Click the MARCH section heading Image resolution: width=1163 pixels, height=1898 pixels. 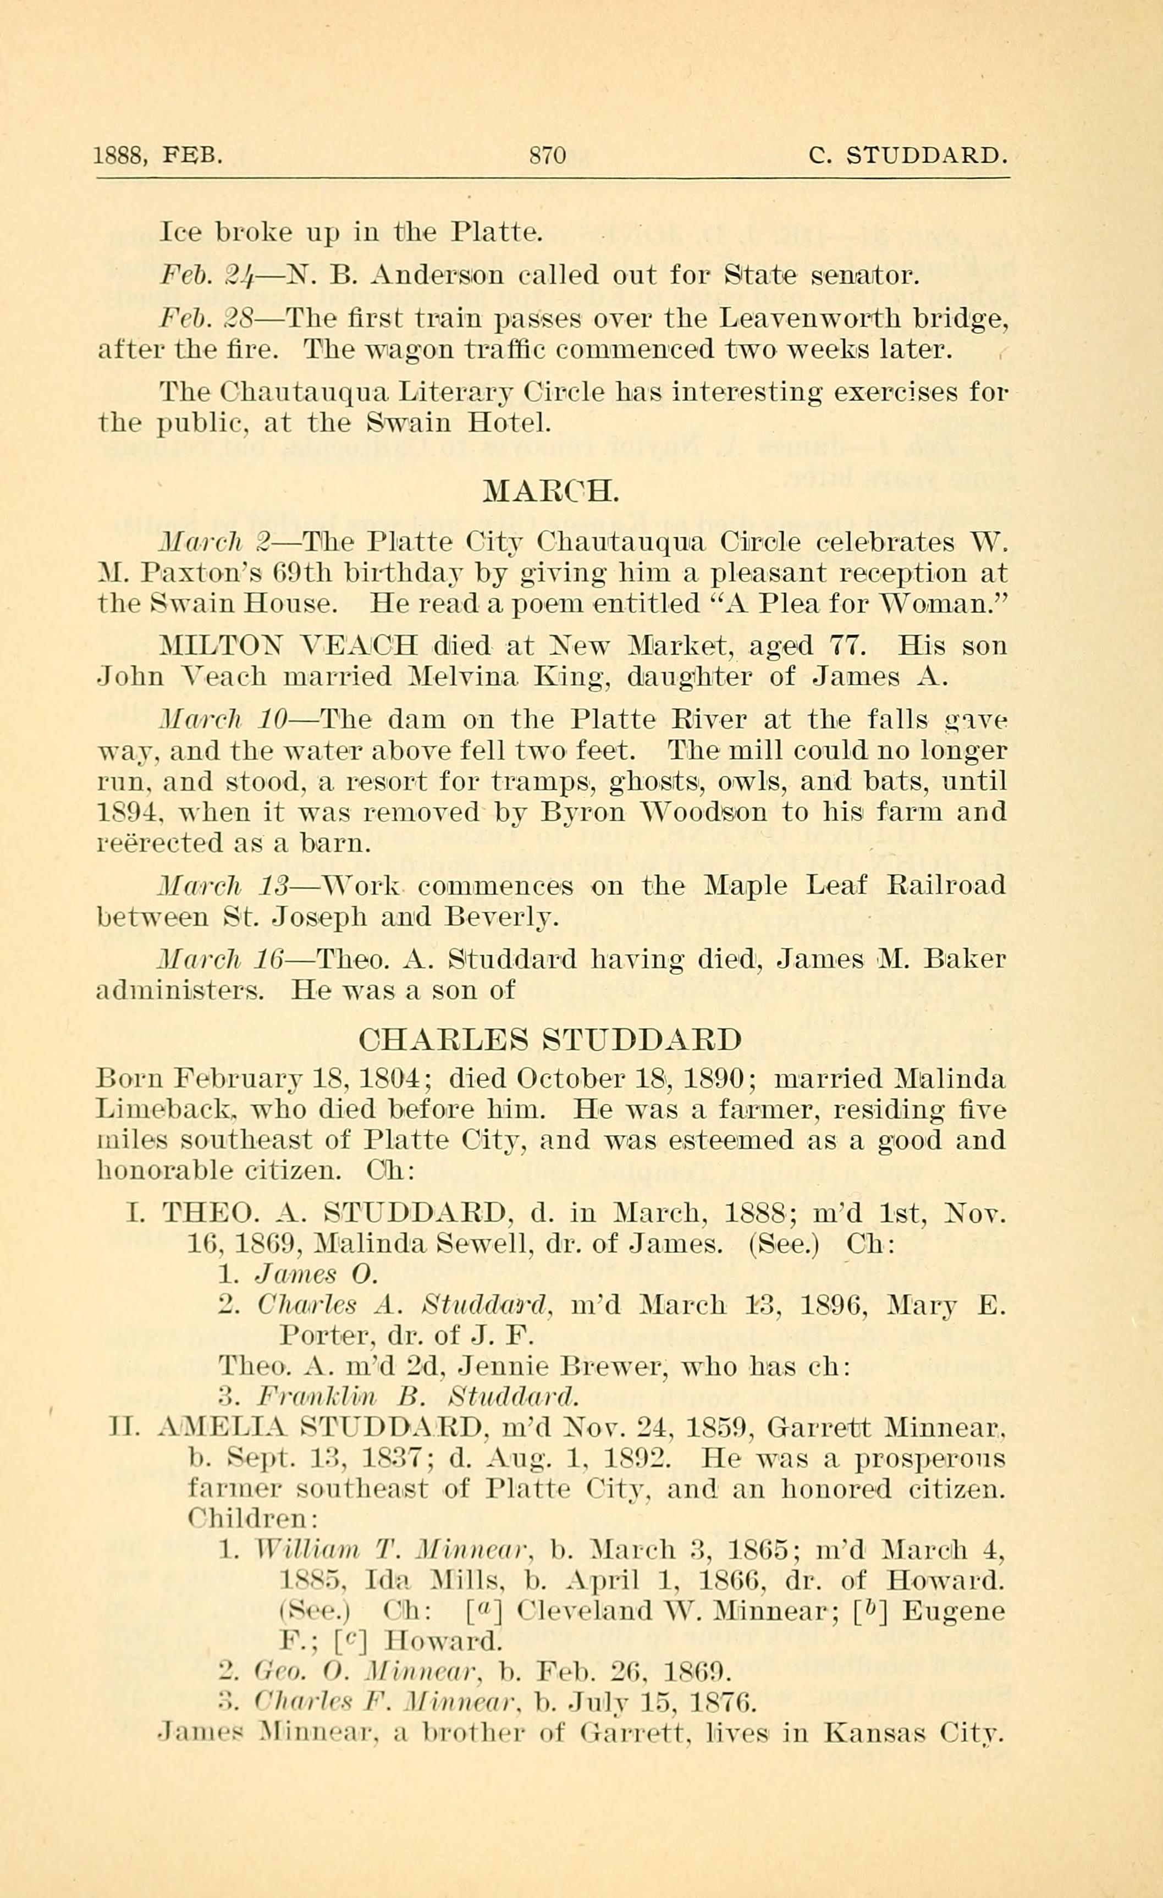coord(550,490)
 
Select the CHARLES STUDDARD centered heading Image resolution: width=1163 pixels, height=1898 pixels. coord(550,1039)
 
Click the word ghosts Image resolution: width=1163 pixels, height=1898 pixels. coord(655,781)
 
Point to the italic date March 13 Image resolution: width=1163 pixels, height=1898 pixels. coord(223,885)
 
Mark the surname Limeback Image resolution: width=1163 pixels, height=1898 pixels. coord(166,1110)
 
